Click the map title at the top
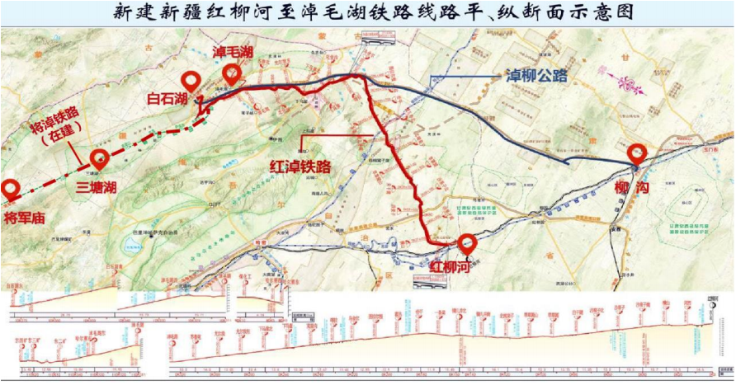368,12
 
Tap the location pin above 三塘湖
100,158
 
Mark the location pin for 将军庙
11,189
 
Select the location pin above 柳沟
637,153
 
